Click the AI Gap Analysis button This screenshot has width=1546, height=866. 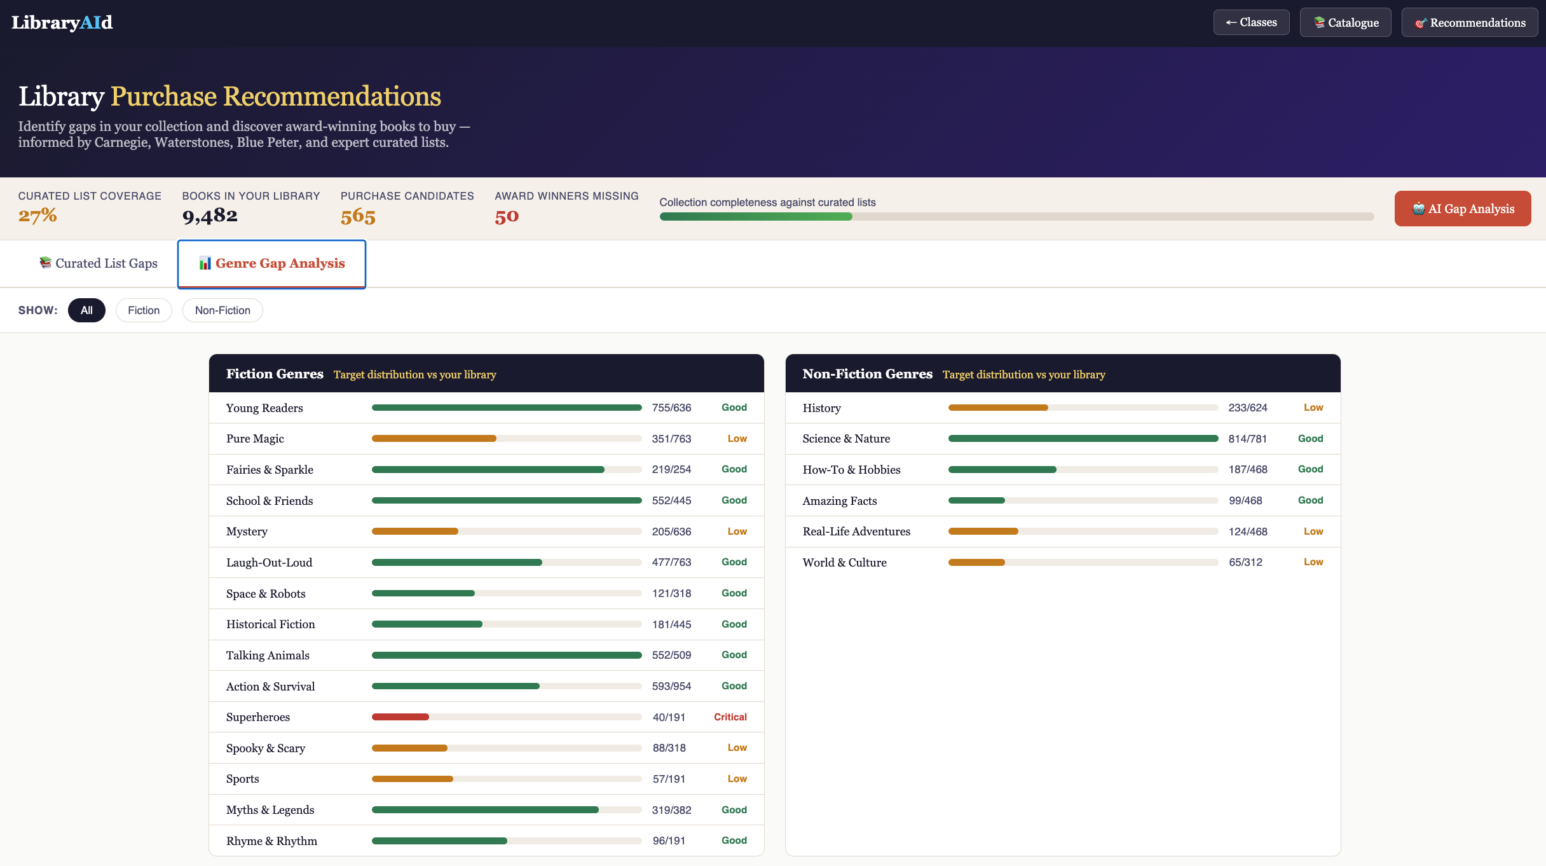[1462, 209]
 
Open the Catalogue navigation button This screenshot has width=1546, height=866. [1345, 23]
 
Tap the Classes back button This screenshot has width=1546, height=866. [1251, 22]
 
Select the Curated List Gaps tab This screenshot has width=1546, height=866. [99, 263]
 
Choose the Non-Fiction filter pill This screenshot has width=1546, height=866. [222, 310]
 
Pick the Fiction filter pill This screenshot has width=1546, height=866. [144, 310]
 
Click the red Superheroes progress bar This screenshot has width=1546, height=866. [400, 717]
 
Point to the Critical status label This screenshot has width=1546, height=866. [730, 717]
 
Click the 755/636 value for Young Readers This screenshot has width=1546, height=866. [671, 408]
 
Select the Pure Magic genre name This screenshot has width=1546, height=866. [255, 439]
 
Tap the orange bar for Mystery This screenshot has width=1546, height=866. [415, 532]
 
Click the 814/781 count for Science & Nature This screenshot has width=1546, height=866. [1247, 439]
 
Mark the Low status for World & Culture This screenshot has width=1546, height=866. [1313, 562]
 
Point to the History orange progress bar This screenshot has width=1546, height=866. [998, 408]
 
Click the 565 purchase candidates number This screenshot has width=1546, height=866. [358, 216]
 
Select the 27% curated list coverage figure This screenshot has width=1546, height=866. [38, 216]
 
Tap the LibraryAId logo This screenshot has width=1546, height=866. [62, 23]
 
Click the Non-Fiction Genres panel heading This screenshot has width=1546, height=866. [867, 374]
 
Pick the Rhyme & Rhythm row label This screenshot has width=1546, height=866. [271, 841]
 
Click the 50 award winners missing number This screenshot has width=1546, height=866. [507, 216]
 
